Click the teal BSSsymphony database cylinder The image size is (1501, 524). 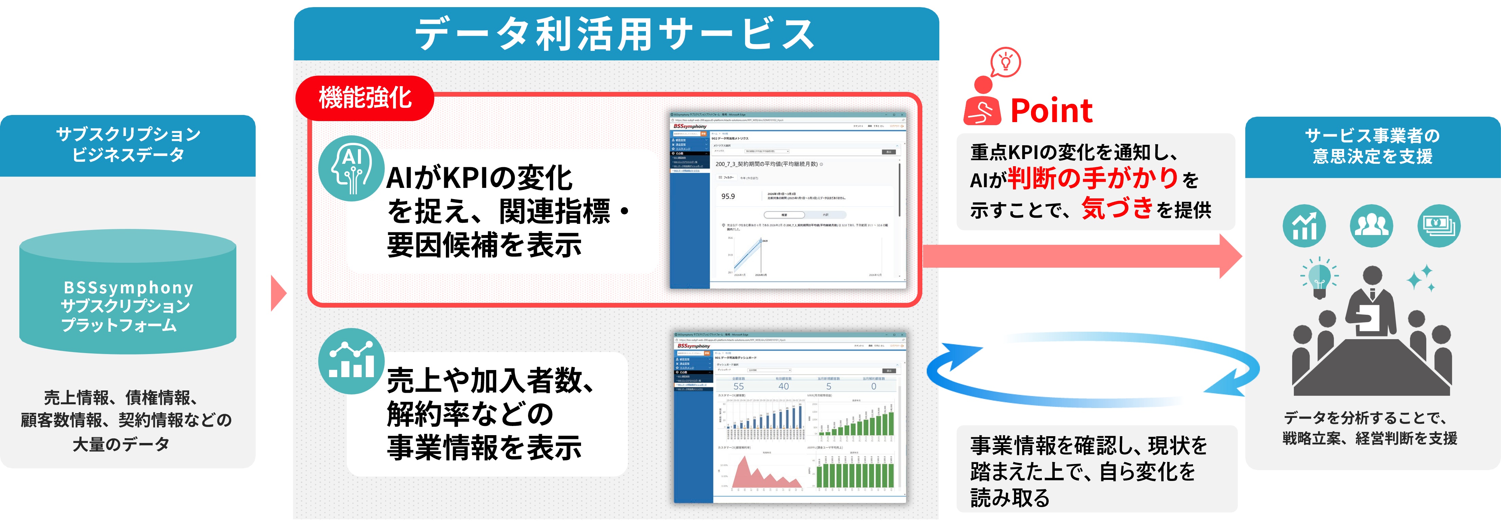pyautogui.click(x=128, y=291)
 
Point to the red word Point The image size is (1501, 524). pyautogui.click(x=1051, y=111)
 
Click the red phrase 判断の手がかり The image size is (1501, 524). pyautogui.click(x=1094, y=178)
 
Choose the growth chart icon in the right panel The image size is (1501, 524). pyautogui.click(x=1304, y=226)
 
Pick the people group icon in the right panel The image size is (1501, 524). pyautogui.click(x=1371, y=226)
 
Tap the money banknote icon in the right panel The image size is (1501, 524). pyautogui.click(x=1439, y=226)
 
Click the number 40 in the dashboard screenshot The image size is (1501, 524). pyautogui.click(x=784, y=386)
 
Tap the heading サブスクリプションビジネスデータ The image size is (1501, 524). pyautogui.click(x=128, y=144)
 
